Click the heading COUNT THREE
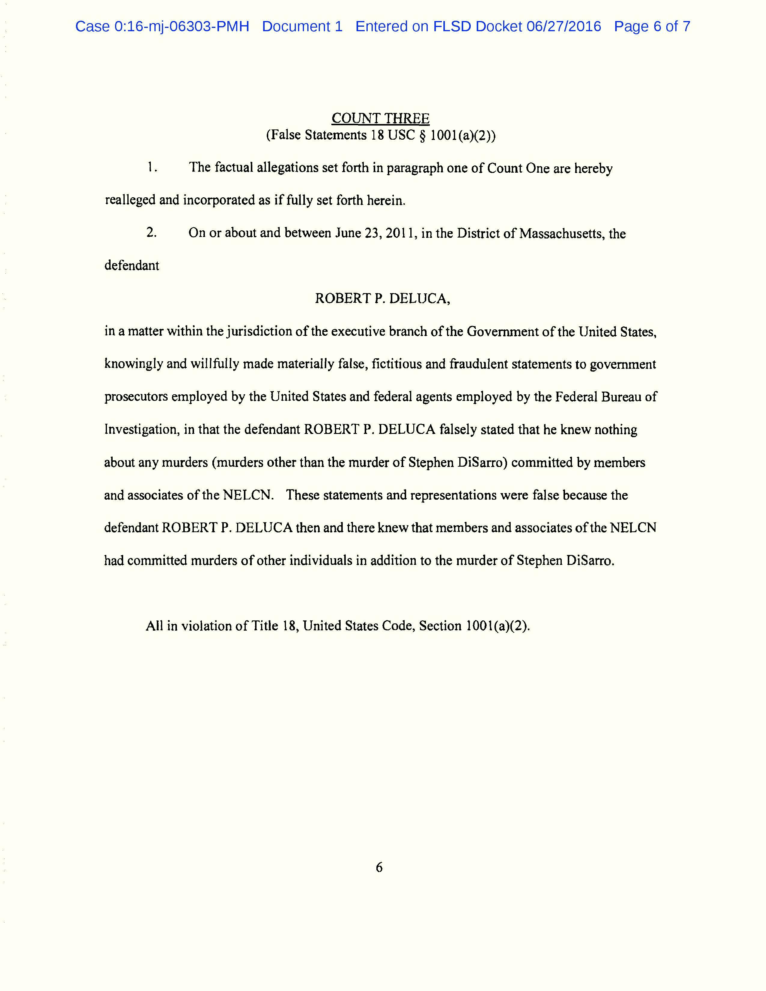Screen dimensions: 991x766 pos(380,118)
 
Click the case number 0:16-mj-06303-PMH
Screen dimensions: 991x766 pos(181,26)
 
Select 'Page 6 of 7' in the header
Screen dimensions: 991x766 pos(652,26)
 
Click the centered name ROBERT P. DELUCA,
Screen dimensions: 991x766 pos(382,298)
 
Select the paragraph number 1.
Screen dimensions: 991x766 pos(152,168)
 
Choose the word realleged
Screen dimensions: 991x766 pos(130,200)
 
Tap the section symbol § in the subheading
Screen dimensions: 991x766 pos(422,135)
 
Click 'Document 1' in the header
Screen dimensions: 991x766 pos(302,26)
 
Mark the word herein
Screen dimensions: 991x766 pos(386,200)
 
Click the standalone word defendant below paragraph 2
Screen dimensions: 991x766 pos(132,265)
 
